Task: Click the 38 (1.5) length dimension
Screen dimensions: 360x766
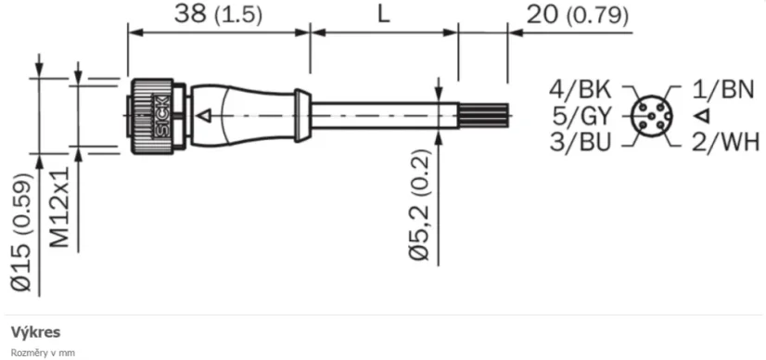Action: click(x=218, y=15)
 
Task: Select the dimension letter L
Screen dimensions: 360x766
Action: click(x=382, y=15)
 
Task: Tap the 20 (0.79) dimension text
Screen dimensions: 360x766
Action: click(x=576, y=15)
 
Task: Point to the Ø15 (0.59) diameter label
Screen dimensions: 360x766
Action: click(x=25, y=233)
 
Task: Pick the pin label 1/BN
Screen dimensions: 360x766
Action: click(x=724, y=90)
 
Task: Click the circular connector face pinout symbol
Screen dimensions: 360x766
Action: click(x=652, y=116)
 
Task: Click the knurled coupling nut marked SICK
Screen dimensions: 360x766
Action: click(x=149, y=115)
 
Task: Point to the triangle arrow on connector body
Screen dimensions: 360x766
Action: click(x=205, y=116)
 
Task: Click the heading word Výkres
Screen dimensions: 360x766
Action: click(x=35, y=331)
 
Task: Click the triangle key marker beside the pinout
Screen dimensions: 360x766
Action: click(x=702, y=116)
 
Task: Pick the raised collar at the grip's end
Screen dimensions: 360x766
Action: click(x=301, y=115)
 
